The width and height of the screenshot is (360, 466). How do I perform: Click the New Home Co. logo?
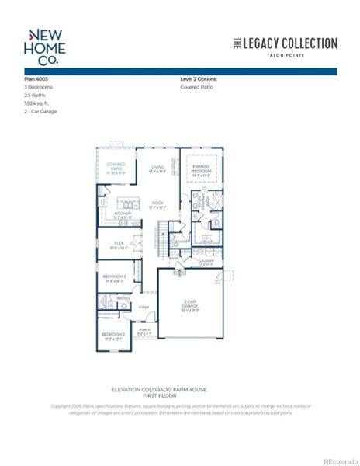[x=46, y=45]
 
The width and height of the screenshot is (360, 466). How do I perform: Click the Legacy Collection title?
[x=285, y=43]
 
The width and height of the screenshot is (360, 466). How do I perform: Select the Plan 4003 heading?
[x=37, y=79]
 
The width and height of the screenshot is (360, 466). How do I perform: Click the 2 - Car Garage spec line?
[x=40, y=111]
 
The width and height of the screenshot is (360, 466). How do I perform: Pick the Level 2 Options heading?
[x=199, y=79]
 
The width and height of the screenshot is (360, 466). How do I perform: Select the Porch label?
[x=144, y=330]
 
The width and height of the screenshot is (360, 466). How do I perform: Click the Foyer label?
[x=144, y=307]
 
